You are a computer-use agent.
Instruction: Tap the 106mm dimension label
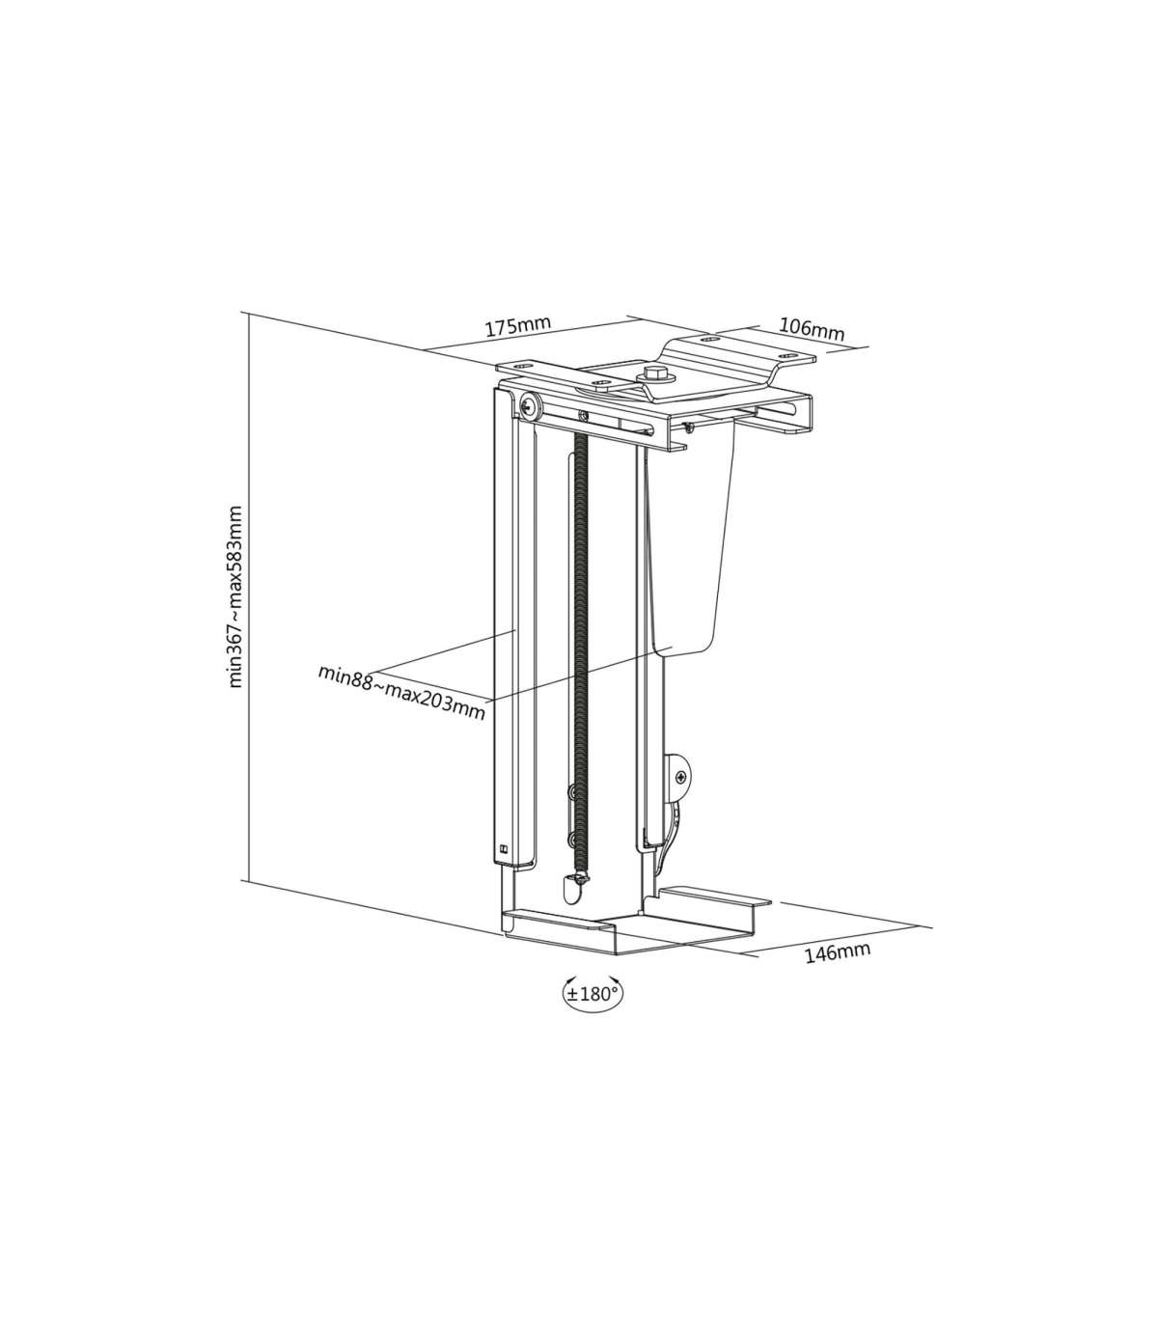point(812,329)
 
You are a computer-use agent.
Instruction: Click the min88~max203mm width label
point(401,692)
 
